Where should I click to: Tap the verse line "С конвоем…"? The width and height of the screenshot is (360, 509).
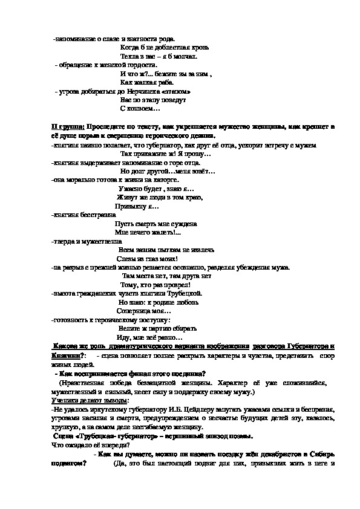click(x=140, y=109)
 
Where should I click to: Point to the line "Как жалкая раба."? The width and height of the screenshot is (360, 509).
click(x=147, y=82)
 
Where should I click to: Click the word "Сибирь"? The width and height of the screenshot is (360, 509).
click(x=321, y=453)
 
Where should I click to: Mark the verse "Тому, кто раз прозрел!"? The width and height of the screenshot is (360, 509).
click(x=155, y=285)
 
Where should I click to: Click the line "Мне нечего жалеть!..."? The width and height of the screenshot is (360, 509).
click(x=148, y=232)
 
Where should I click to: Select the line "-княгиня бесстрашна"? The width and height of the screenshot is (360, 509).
click(x=82, y=215)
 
